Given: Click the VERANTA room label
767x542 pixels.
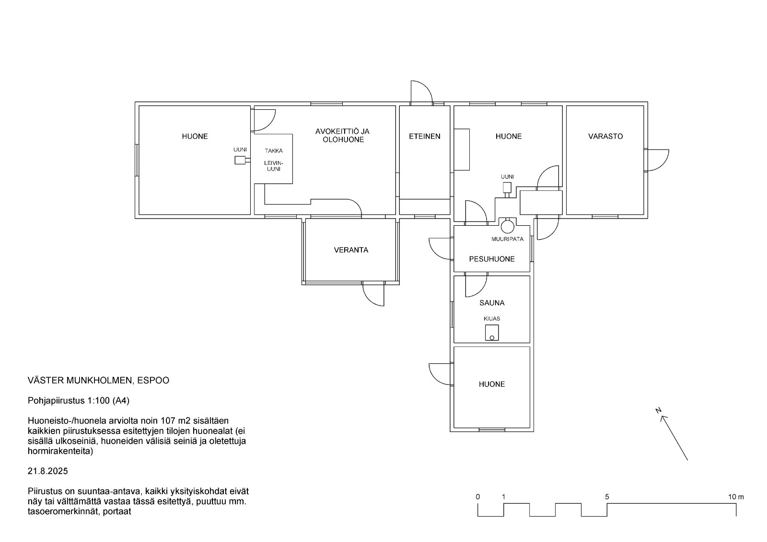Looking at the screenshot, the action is click(x=351, y=250).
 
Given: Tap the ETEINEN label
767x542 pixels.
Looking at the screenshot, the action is click(x=425, y=136).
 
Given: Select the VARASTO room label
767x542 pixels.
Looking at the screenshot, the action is click(x=605, y=136).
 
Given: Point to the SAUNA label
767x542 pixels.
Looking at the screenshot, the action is click(x=492, y=303).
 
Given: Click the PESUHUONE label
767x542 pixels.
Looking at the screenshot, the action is click(x=492, y=259).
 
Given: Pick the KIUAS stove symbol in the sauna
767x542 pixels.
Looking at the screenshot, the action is click(x=492, y=333).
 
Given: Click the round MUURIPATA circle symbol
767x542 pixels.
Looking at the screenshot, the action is click(x=508, y=226).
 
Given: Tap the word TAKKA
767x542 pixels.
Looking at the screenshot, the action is click(x=274, y=150).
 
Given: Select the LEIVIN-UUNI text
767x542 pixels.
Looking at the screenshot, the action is click(x=274, y=166).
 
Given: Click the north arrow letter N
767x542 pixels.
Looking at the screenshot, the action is click(x=658, y=410).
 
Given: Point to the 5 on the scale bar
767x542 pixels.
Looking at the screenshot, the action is click(x=607, y=497).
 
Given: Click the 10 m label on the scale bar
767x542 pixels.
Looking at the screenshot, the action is click(x=736, y=497).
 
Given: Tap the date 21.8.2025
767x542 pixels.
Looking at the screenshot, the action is click(x=48, y=471).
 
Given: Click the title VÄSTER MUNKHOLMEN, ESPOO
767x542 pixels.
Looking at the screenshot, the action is click(x=99, y=381).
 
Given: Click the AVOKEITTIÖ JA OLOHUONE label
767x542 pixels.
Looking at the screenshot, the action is click(x=343, y=136).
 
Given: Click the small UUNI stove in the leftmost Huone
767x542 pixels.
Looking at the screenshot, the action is click(x=240, y=160).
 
